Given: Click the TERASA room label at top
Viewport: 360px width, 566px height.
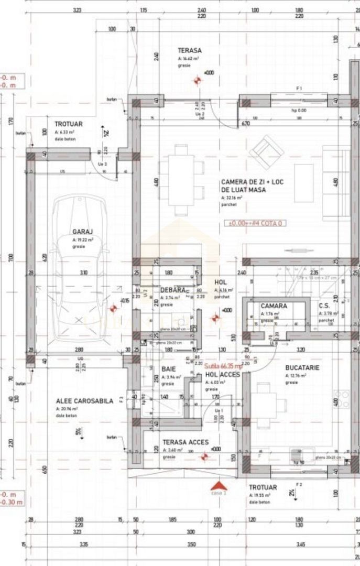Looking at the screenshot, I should (190, 51).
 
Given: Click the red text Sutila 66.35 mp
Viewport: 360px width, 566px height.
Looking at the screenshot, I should (223, 367).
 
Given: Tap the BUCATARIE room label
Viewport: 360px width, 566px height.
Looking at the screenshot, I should (302, 368).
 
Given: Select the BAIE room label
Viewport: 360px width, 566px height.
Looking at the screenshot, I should (169, 369).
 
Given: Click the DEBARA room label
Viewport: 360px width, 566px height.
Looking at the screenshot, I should (172, 290).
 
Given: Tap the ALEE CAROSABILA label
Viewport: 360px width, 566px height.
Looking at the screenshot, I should (84, 401).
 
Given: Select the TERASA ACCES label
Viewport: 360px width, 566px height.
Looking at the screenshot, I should (186, 442).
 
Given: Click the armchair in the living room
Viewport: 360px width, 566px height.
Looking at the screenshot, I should (266, 151).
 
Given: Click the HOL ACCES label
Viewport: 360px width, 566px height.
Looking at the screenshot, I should (222, 375).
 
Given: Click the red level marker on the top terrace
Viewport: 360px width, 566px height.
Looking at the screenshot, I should (198, 80).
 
